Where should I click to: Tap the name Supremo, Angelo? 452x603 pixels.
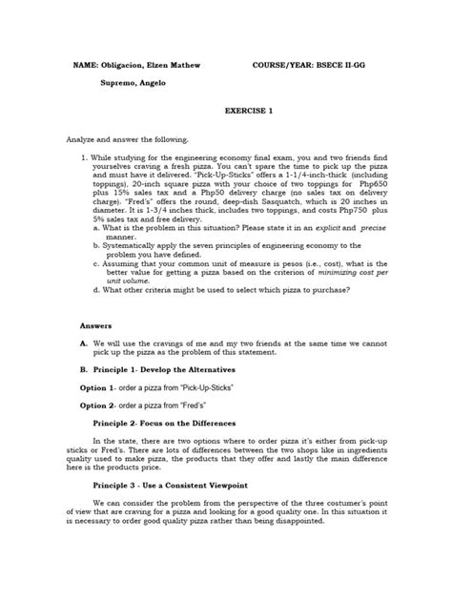point(136,84)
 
